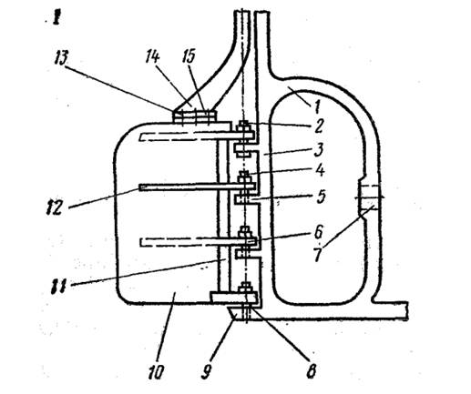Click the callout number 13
tap(61, 58)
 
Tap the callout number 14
tap(152, 56)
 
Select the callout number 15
tap(189, 56)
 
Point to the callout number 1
tap(316, 106)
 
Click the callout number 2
tap(318, 126)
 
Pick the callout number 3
tap(318, 149)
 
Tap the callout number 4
tap(319, 171)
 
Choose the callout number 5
tap(319, 197)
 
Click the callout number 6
tap(318, 233)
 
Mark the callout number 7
tap(318, 254)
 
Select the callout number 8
tap(312, 370)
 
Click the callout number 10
tap(156, 372)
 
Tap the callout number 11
tap(58, 286)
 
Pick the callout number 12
tap(54, 207)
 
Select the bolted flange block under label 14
tap(195, 116)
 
